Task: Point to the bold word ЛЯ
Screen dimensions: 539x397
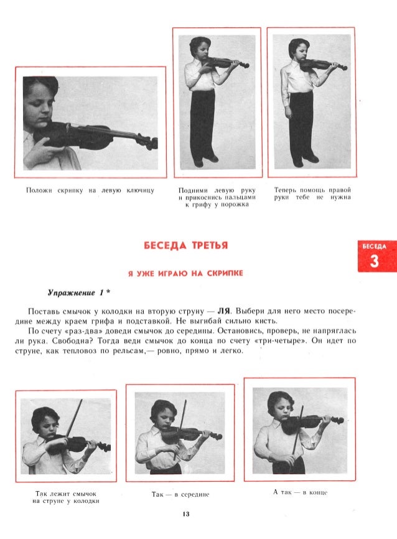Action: click(x=234, y=310)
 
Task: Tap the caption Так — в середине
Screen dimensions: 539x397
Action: click(x=180, y=494)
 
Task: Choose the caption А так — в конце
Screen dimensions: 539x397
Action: click(x=301, y=492)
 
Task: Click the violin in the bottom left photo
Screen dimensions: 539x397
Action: click(x=78, y=444)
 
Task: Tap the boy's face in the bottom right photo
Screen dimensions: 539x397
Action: click(x=278, y=408)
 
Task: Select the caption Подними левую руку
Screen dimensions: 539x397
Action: click(x=217, y=197)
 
